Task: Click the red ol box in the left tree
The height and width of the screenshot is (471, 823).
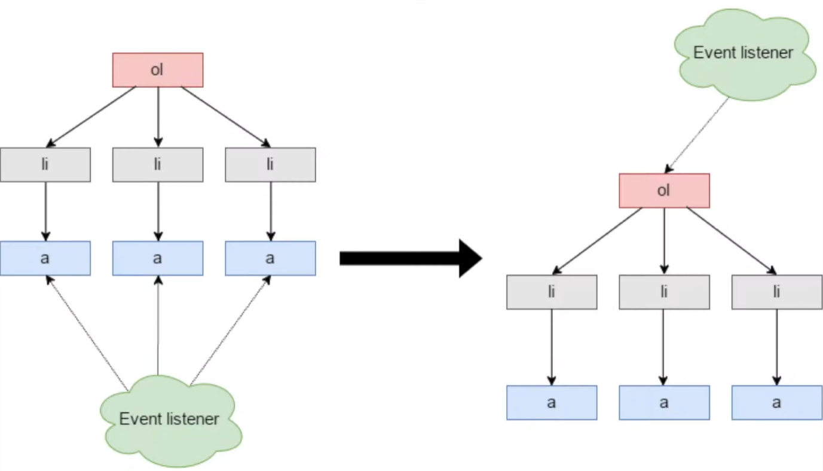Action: [x=158, y=70]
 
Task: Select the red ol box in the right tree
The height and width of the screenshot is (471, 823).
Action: [x=664, y=191]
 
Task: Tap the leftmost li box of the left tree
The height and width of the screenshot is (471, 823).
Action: [x=45, y=164]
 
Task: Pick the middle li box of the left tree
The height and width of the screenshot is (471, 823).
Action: [x=158, y=164]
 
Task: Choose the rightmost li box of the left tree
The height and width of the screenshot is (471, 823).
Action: [x=270, y=164]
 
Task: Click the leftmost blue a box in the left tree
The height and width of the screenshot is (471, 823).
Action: [x=45, y=258]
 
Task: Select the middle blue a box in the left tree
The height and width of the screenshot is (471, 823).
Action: [x=158, y=258]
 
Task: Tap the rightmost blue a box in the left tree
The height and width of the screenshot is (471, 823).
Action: [x=270, y=258]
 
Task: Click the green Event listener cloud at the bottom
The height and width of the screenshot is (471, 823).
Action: [x=170, y=421]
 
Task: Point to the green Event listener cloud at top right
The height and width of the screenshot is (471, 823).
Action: [x=744, y=54]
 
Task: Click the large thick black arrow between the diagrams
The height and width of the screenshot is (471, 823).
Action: [x=411, y=258]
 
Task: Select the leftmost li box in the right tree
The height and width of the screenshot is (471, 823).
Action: [x=552, y=292]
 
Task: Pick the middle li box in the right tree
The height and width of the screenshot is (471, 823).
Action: [x=664, y=292]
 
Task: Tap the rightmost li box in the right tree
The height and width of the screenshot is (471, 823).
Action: [x=777, y=292]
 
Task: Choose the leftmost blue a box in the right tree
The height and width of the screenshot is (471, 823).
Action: [x=552, y=403]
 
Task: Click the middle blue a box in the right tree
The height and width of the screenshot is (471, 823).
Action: [x=664, y=403]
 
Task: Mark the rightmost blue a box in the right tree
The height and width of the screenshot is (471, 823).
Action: [x=777, y=403]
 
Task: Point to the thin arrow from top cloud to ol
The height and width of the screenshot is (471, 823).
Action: [x=697, y=135]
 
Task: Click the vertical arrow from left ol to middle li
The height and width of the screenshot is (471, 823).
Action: [x=158, y=117]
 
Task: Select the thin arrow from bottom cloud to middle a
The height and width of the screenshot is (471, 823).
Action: [x=158, y=326]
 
